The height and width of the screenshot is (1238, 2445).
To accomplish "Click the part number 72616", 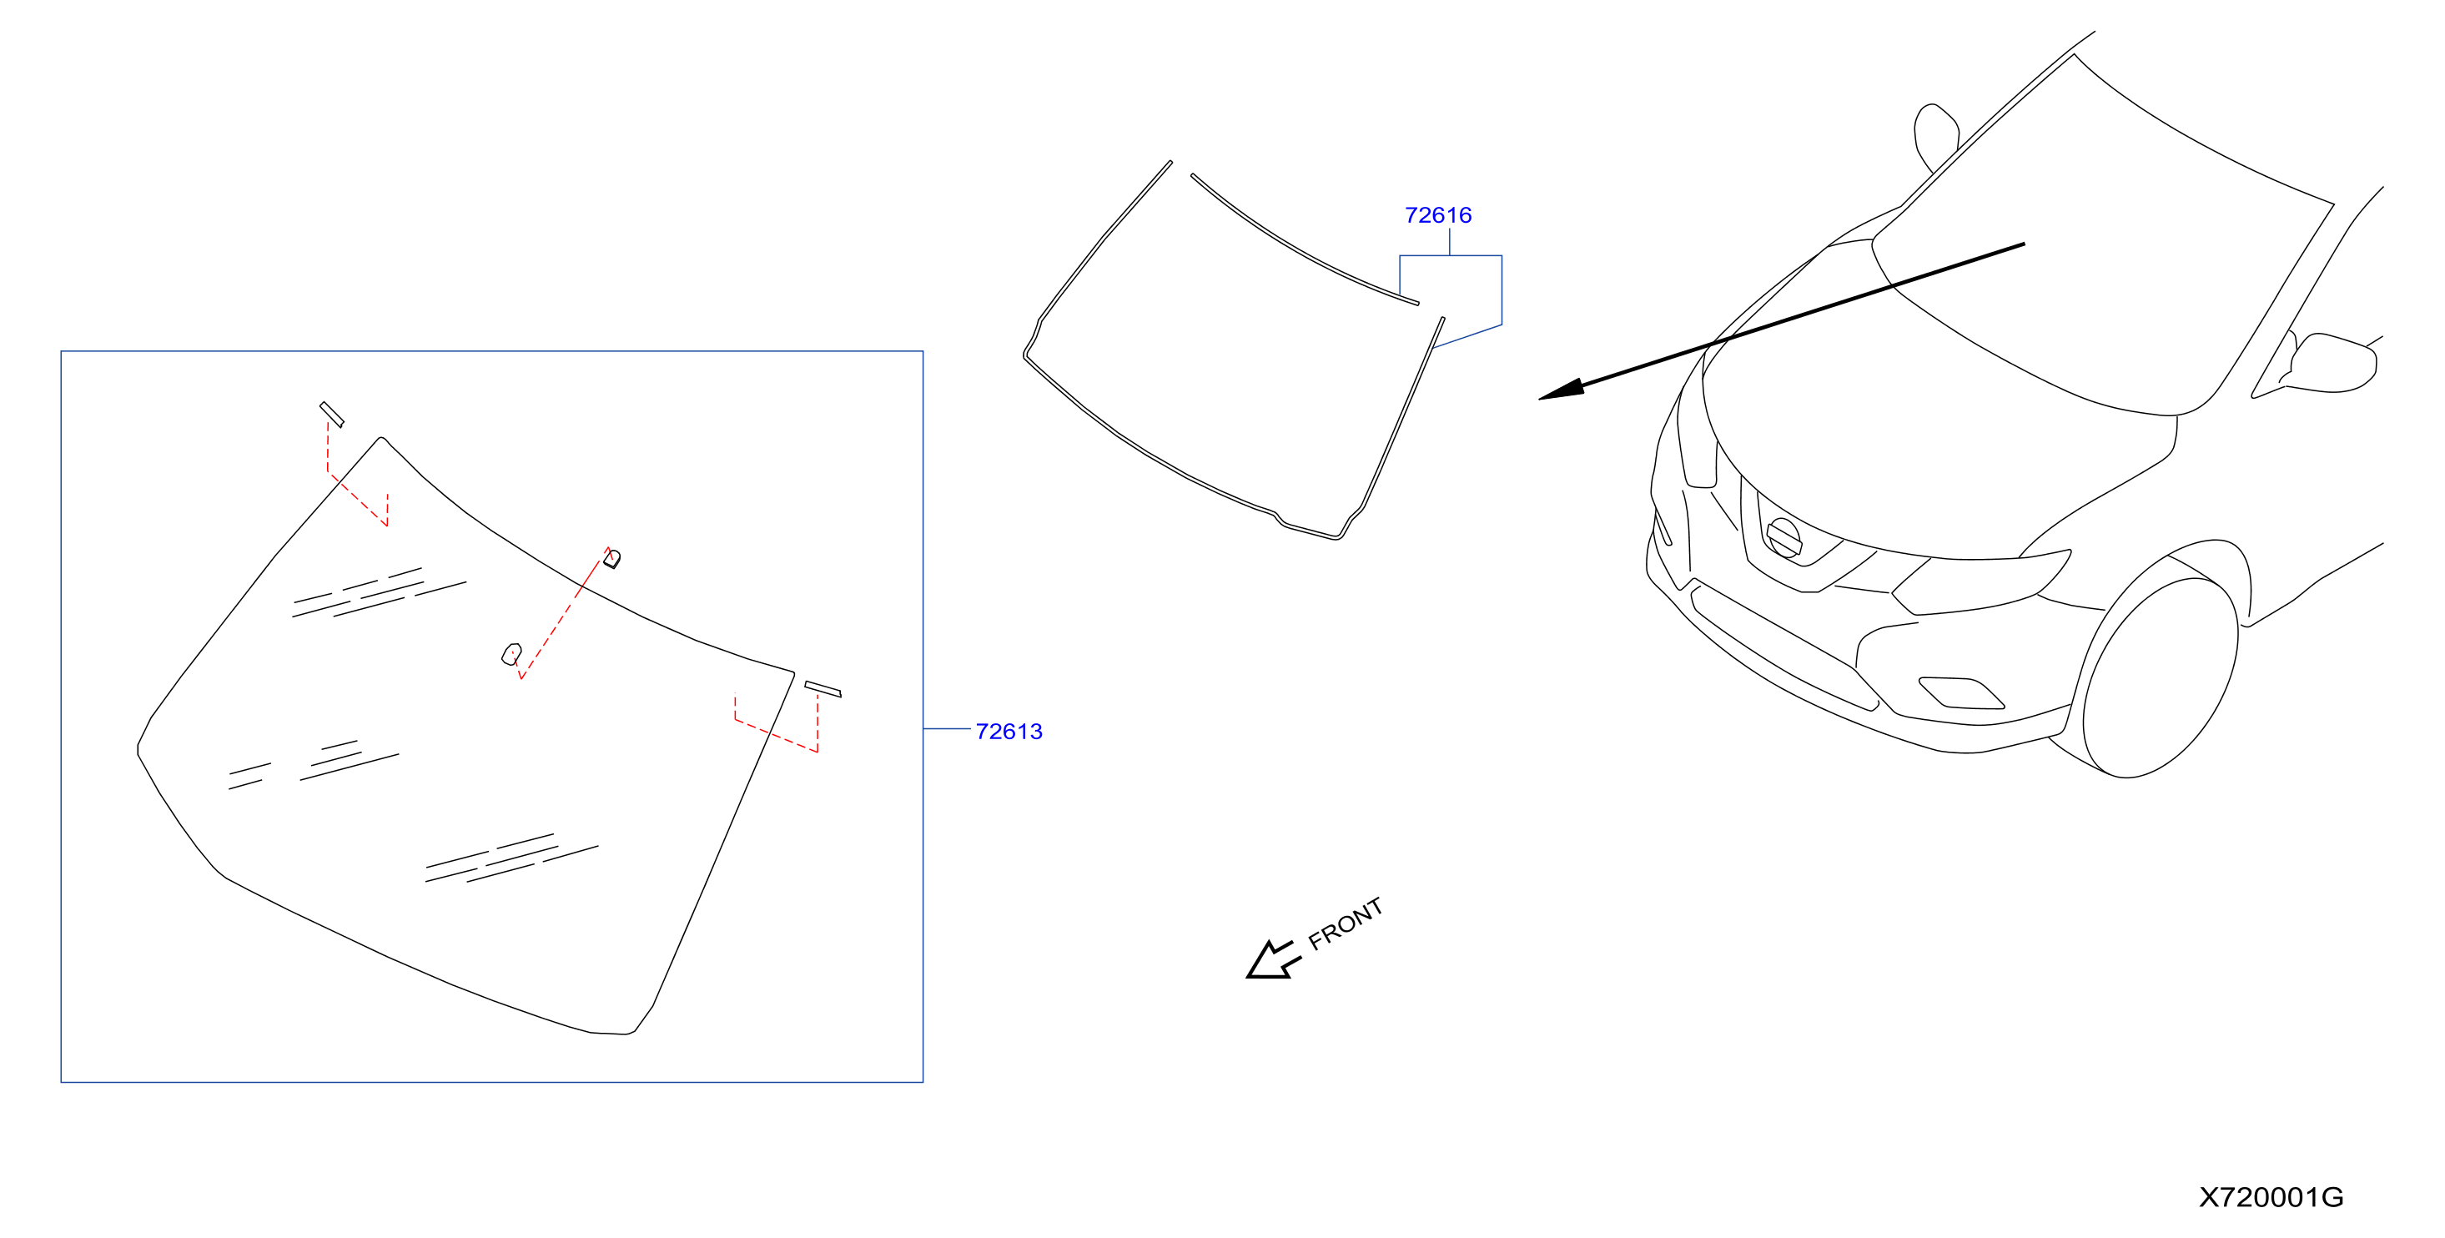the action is click(x=1438, y=215).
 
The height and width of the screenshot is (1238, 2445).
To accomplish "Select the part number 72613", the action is click(x=1009, y=732).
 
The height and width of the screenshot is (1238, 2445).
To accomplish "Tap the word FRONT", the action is click(x=1346, y=923).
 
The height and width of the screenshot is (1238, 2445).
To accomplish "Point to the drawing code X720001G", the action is click(x=2271, y=1197).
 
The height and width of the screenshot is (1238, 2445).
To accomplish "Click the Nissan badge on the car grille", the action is click(x=1783, y=537).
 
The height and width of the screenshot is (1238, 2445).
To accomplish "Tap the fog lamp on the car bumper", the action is click(x=1961, y=693).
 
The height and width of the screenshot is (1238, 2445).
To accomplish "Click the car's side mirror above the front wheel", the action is click(x=2332, y=363).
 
